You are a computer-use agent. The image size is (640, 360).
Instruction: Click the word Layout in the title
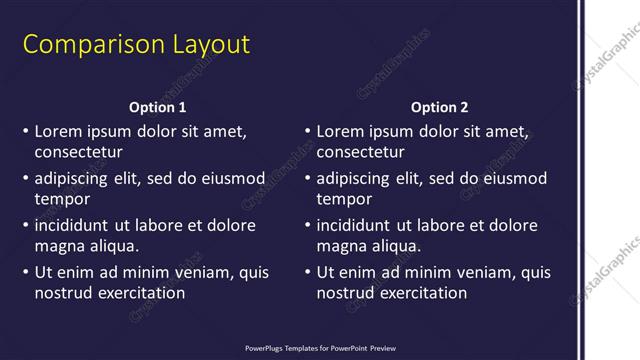point(200,45)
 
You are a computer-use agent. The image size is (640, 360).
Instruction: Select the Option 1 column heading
point(157,107)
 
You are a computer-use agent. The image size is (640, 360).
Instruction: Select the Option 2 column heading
point(439,107)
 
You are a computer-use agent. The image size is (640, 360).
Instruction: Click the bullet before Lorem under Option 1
point(25,132)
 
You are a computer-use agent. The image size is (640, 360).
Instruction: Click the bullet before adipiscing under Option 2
point(307,179)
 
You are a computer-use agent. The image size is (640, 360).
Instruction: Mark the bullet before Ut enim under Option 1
point(25,273)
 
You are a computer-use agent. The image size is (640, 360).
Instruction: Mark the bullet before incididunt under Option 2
point(307,226)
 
